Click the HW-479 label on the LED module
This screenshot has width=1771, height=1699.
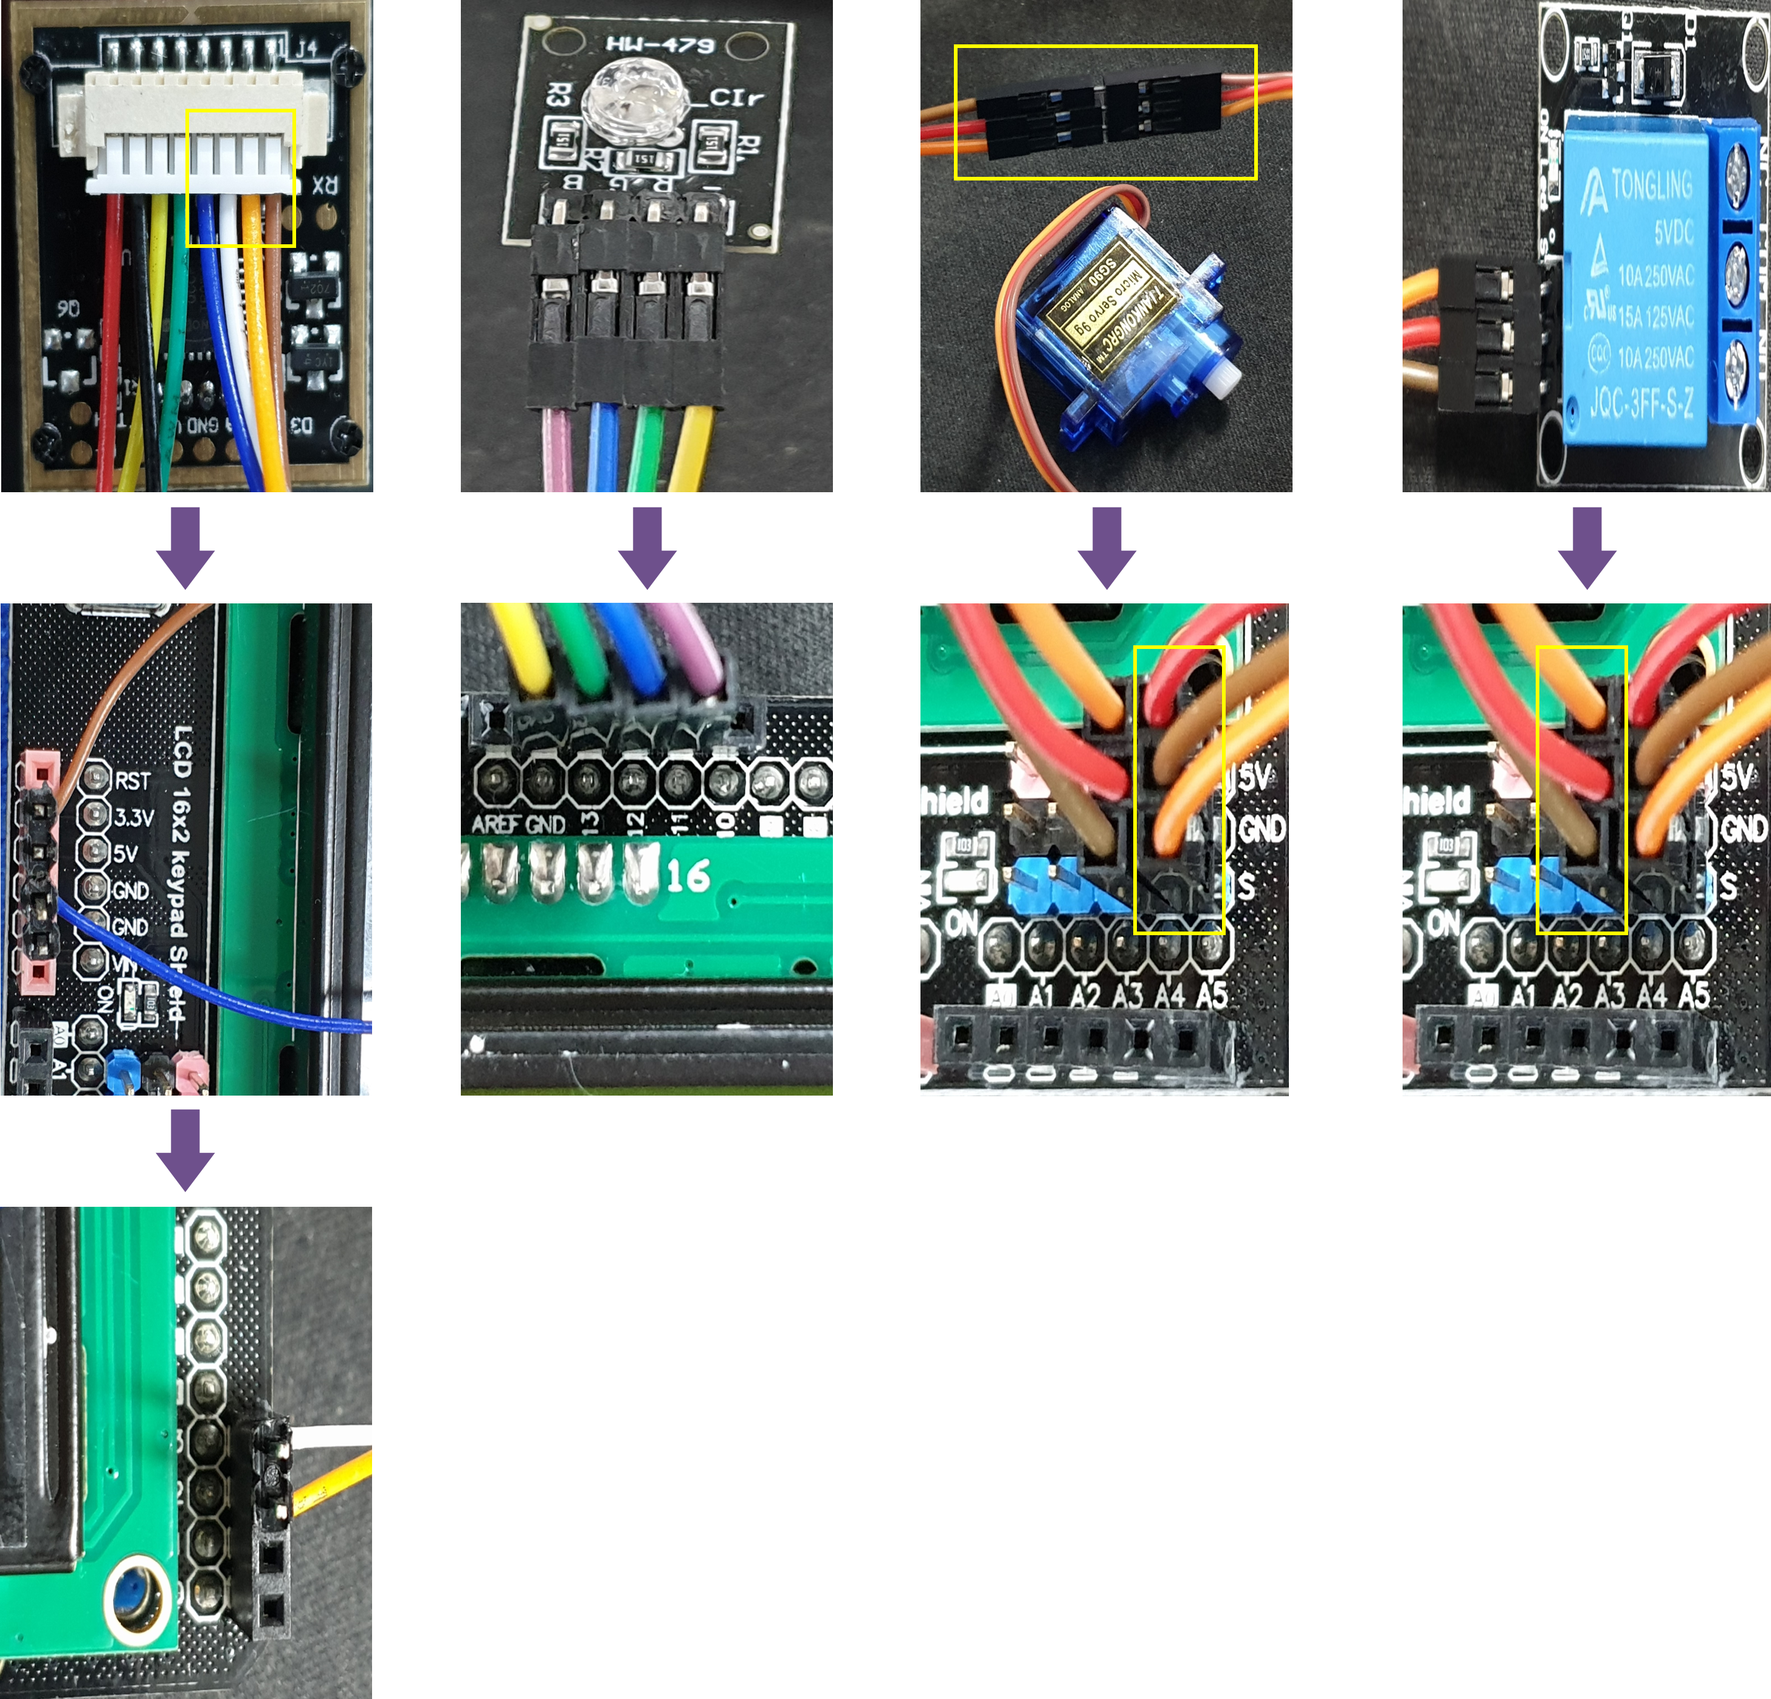pyautogui.click(x=660, y=43)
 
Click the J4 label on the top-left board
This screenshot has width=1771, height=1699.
pyautogui.click(x=306, y=47)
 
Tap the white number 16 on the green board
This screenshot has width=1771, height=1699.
pyautogui.click(x=689, y=875)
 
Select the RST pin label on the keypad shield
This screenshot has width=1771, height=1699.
pyautogui.click(x=133, y=780)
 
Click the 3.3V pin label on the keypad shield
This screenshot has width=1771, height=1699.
pyautogui.click(x=134, y=817)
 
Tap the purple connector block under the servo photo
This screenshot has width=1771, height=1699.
pyautogui.click(x=1107, y=547)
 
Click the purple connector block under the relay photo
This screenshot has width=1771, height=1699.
pyautogui.click(x=1587, y=547)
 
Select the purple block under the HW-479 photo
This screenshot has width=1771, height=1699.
pyautogui.click(x=647, y=547)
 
